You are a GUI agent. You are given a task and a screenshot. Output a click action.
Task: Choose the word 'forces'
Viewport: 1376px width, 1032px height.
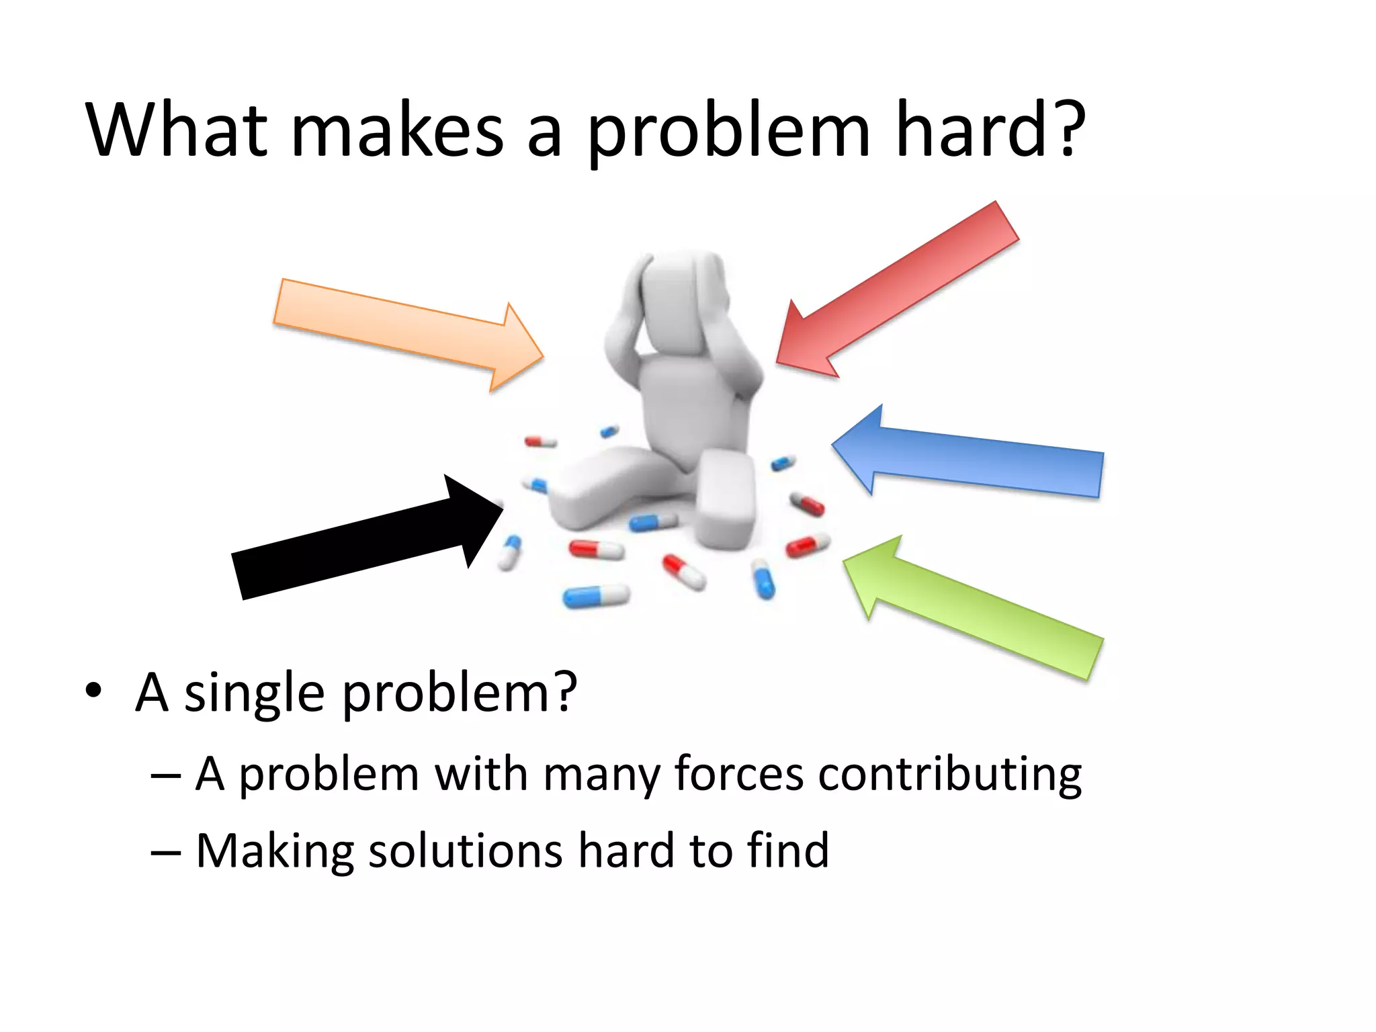[738, 774]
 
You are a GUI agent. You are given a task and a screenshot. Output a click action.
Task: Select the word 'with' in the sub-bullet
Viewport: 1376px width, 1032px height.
[480, 774]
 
